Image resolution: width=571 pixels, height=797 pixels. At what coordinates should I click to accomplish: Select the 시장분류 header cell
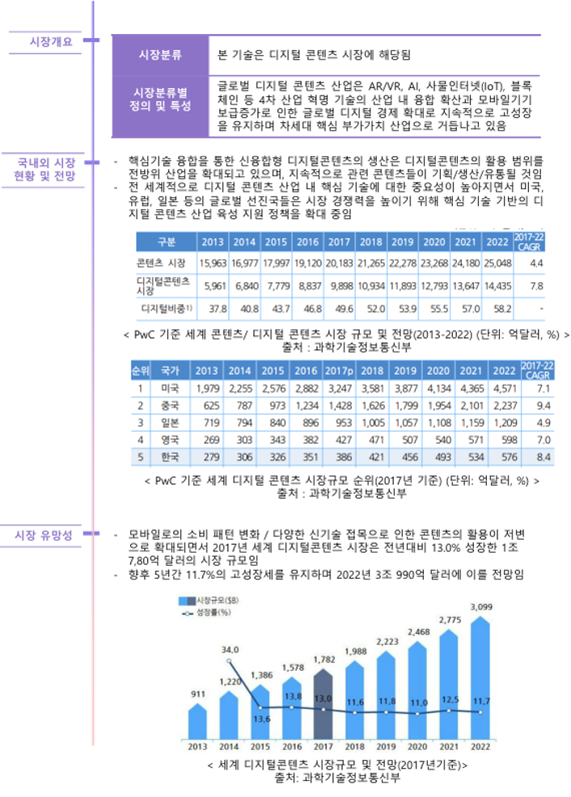click(x=159, y=55)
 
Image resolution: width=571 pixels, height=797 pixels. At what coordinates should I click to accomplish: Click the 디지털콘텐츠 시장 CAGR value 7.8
click(x=535, y=285)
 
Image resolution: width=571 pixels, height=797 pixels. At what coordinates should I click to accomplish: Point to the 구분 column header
click(x=167, y=242)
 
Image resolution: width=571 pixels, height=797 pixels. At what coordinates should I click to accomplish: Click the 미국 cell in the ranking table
click(x=171, y=387)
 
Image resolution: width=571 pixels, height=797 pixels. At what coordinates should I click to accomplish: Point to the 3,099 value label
click(x=481, y=607)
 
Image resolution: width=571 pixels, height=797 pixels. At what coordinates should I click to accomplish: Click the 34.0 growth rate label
click(x=230, y=649)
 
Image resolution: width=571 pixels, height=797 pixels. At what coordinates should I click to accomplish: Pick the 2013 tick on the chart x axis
click(x=197, y=745)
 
